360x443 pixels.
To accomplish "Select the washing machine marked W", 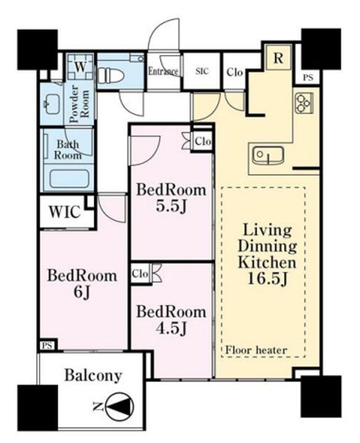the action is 80,67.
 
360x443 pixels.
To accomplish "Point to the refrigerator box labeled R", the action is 278,58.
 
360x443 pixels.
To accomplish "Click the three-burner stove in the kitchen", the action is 304,103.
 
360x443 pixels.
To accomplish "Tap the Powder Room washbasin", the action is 52,104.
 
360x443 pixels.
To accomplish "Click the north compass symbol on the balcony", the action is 119,407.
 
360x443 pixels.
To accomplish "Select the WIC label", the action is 65,212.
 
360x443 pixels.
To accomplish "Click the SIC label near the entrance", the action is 202,71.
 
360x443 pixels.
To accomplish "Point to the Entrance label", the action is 163,71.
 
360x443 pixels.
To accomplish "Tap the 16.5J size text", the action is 267,279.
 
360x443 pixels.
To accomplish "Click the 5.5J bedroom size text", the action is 171,207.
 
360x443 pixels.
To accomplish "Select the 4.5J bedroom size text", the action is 171,329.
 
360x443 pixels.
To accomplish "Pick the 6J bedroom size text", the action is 82,292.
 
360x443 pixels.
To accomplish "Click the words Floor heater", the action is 256,350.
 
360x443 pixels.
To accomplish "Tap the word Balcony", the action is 94,376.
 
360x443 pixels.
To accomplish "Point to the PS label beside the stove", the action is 308,78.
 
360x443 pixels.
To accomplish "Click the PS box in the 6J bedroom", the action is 47,346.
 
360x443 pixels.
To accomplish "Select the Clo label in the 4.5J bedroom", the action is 140,274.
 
